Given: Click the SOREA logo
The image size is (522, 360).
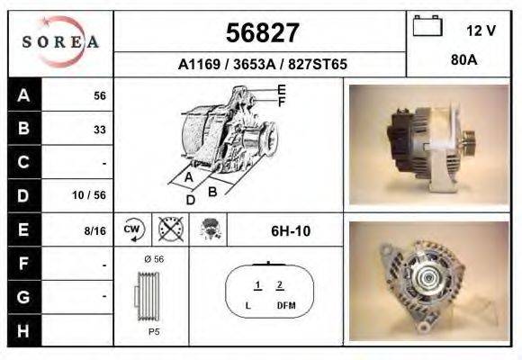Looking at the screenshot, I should point(60,43).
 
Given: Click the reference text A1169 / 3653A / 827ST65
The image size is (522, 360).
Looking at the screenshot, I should point(262,65).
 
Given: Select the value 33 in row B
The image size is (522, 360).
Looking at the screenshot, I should point(99,130).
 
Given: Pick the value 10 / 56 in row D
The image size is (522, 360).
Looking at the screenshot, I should point(93,194).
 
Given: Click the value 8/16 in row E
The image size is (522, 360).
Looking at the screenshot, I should point(94,230).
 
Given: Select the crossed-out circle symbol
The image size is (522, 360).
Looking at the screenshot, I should point(168,229).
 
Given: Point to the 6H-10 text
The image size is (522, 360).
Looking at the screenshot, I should point(290,231).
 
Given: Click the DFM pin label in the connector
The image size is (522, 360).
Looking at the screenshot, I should point(286,307).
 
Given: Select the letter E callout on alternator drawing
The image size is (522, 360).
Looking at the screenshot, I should point(282,90).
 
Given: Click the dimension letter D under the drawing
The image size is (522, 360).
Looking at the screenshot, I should point(190,200).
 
